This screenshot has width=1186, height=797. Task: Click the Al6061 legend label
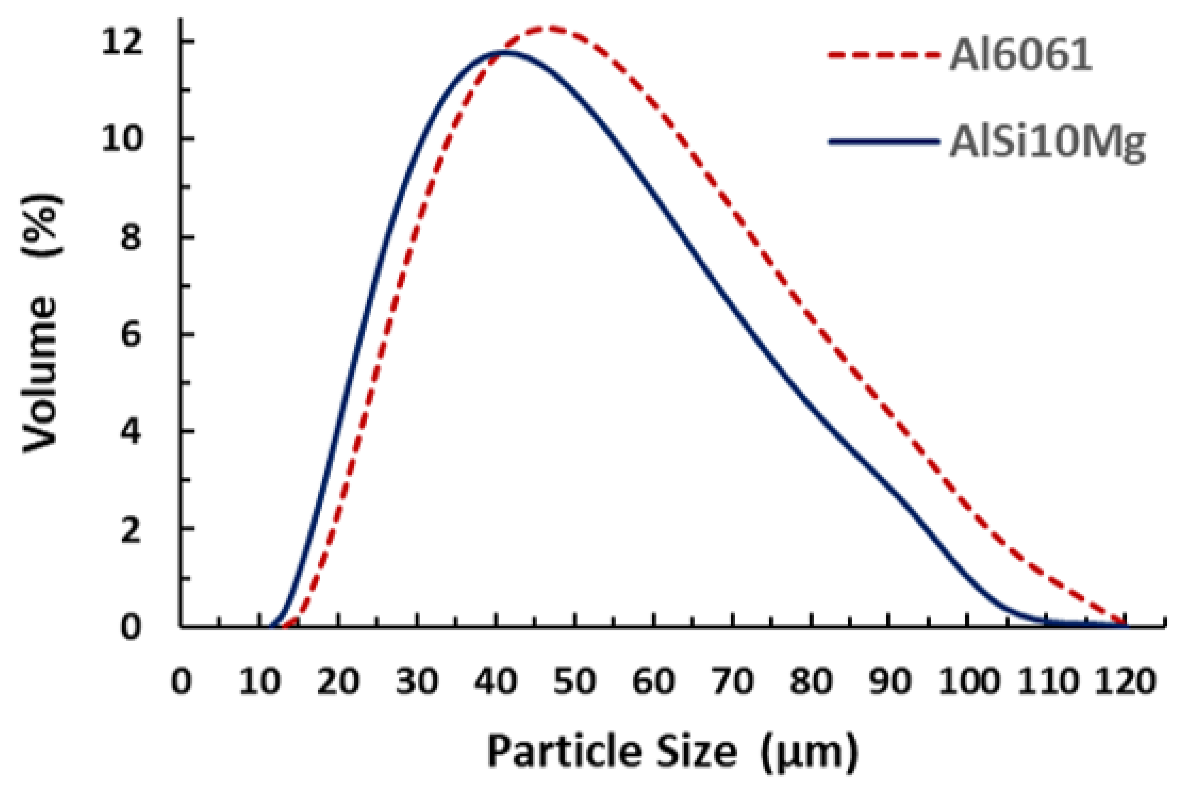pyautogui.click(x=1021, y=55)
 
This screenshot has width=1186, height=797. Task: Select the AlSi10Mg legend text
pyautogui.click(x=1047, y=144)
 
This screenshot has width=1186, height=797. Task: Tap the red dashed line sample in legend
pyautogui.click(x=884, y=55)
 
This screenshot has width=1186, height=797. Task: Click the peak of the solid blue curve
pyautogui.click(x=505, y=51)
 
